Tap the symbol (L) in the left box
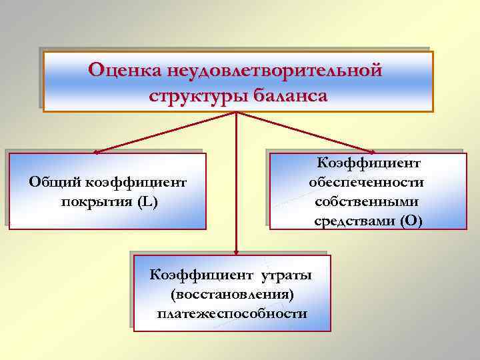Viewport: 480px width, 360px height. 147,202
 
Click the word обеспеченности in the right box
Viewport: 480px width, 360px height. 366,182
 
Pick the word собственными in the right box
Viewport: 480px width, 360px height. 366,201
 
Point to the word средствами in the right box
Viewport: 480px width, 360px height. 354,221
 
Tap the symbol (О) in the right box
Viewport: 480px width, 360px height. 411,221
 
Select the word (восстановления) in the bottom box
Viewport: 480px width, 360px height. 233,294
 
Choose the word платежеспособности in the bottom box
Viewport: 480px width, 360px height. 233,313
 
